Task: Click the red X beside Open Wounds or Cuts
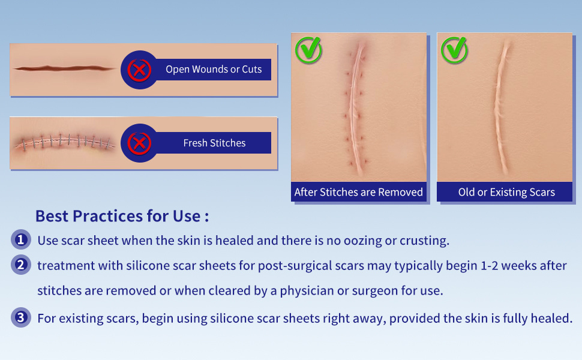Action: tap(139, 70)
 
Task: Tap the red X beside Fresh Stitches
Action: tap(139, 143)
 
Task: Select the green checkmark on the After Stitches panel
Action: tap(309, 50)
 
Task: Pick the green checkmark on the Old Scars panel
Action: tap(455, 50)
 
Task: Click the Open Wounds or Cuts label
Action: tap(214, 70)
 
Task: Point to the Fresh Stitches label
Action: tap(215, 143)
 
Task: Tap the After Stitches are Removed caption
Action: tap(359, 192)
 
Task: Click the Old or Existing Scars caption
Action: tap(506, 192)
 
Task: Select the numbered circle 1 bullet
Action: tap(21, 239)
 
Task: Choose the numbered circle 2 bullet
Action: tap(21, 265)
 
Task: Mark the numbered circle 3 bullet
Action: tap(21, 317)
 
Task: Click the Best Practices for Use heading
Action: tap(122, 216)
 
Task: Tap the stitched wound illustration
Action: tap(64, 142)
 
